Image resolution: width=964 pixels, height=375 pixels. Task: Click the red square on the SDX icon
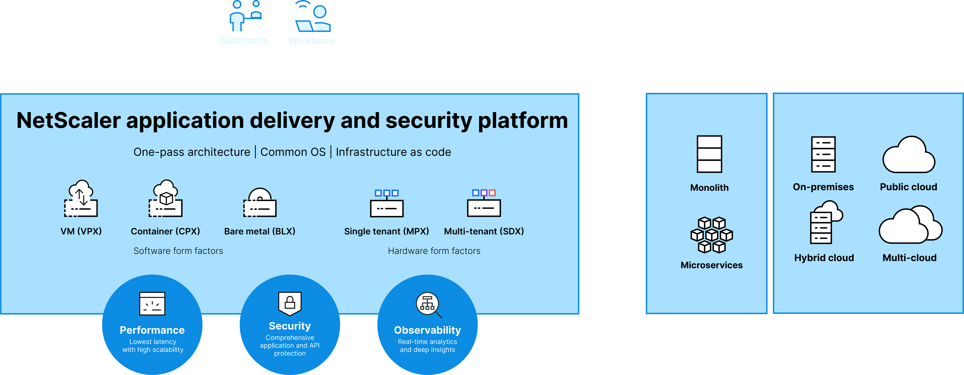click(492, 193)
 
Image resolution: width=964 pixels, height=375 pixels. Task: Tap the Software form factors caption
click(178, 251)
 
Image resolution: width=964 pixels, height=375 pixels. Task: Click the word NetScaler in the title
click(69, 120)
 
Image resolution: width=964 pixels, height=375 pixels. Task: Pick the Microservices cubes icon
click(711, 235)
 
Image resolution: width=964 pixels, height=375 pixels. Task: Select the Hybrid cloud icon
click(825, 223)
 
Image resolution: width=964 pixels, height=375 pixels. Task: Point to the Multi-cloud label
click(909, 258)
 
